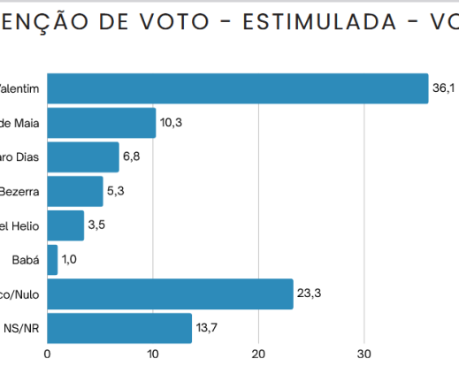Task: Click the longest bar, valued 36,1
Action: pyautogui.click(x=237, y=88)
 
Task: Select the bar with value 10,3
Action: pyautogui.click(x=101, y=123)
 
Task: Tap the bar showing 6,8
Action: pyautogui.click(x=82, y=157)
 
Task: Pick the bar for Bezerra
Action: pyautogui.click(x=74, y=191)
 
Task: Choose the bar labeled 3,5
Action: pyautogui.click(x=65, y=225)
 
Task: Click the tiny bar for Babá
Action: pyautogui.click(x=52, y=260)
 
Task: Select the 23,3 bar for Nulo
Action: pyautogui.click(x=170, y=294)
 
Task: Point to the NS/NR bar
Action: pyautogui.click(x=119, y=328)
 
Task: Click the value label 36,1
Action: pyautogui.click(x=443, y=88)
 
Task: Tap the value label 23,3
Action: pyautogui.click(x=308, y=294)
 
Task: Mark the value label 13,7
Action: pyautogui.click(x=206, y=328)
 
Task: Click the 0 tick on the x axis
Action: pyautogui.click(x=47, y=355)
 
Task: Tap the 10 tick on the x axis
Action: pyautogui.click(x=152, y=355)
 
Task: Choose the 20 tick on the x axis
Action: pyautogui.click(x=258, y=355)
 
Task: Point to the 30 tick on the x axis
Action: pyautogui.click(x=363, y=355)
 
